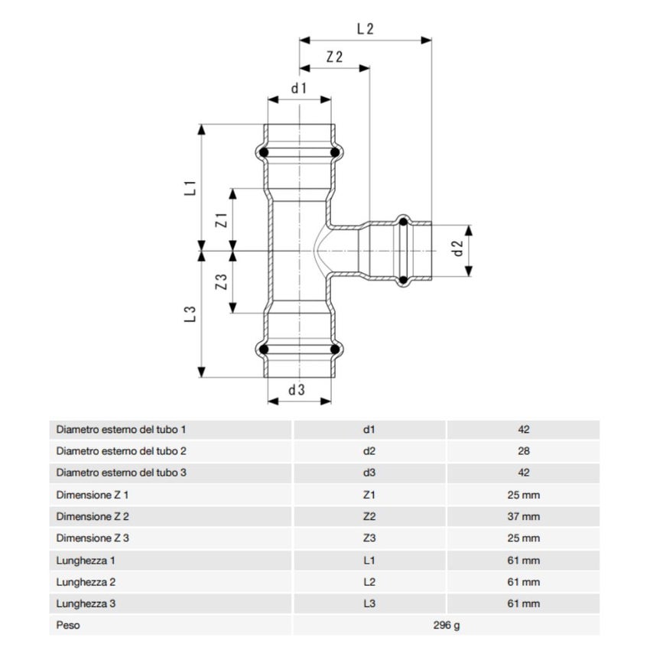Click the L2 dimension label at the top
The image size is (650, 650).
point(365,29)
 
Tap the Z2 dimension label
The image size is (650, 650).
point(333,57)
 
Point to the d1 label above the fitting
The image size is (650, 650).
point(298,88)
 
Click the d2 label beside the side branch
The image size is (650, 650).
point(458,249)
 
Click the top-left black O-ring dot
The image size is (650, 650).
point(264,154)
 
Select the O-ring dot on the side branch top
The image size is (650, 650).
point(402,222)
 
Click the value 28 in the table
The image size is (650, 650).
point(523,451)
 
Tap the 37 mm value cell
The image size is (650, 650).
point(523,517)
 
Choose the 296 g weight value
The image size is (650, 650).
point(446,626)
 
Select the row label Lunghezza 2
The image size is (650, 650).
point(86,582)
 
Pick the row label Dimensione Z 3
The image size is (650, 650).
point(92,538)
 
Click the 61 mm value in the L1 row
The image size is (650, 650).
point(523,561)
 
